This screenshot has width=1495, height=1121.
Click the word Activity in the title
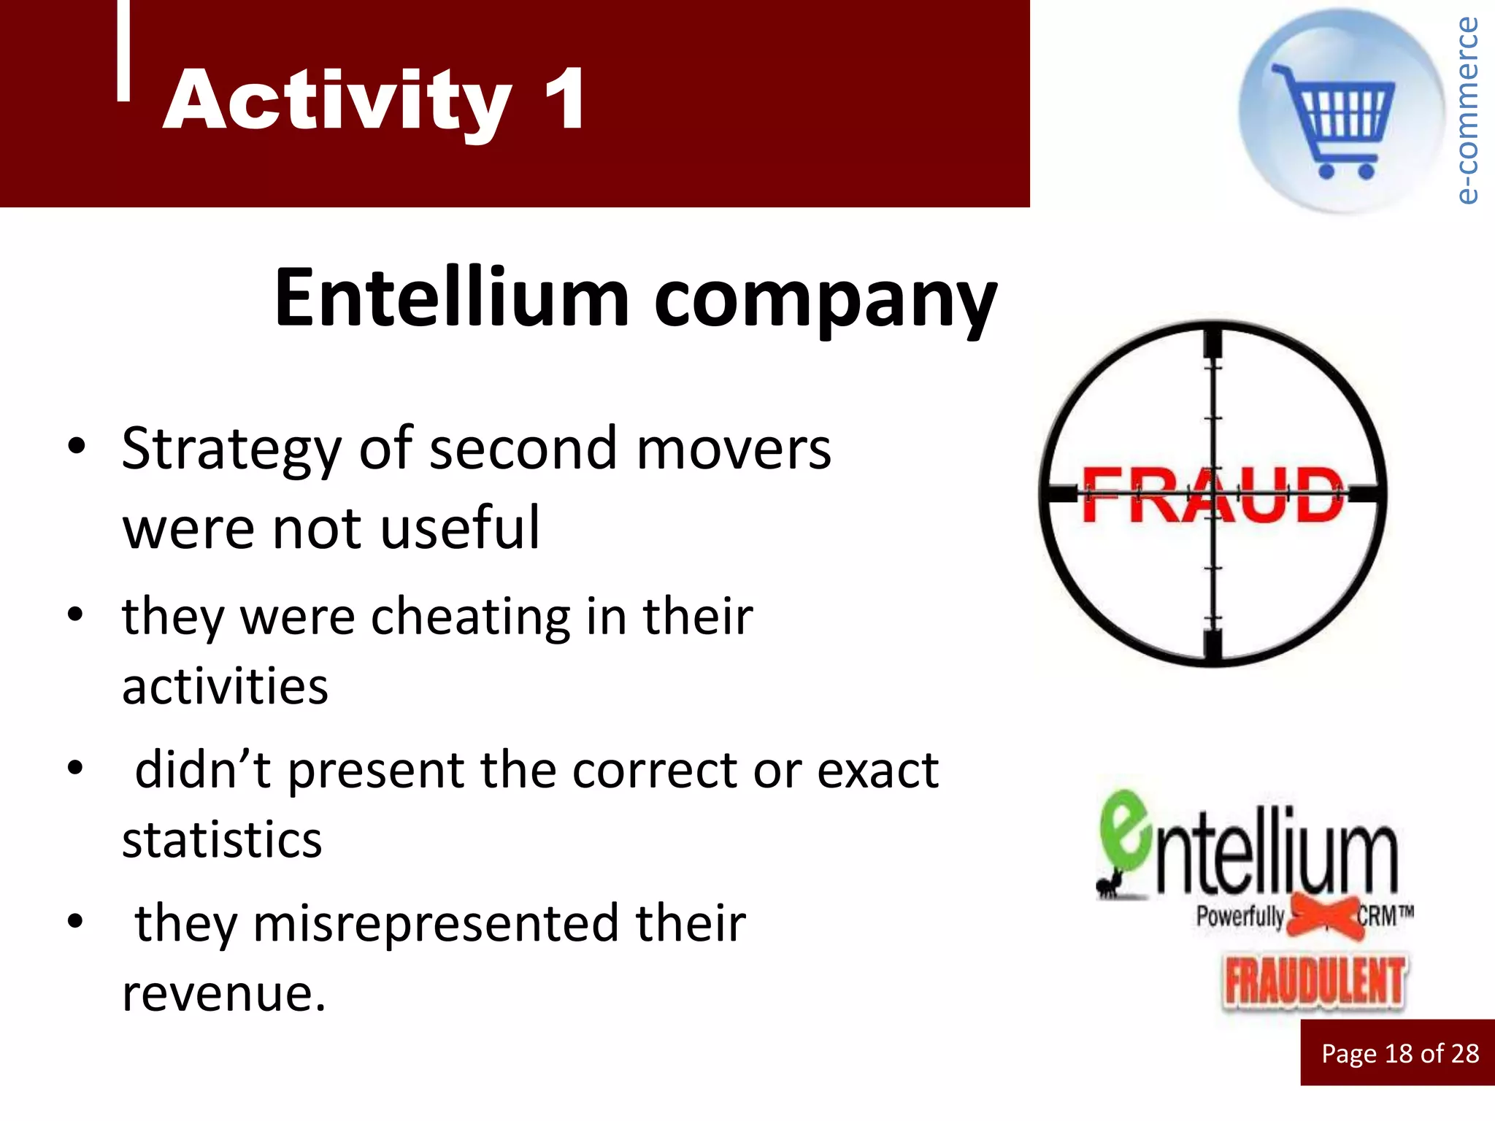337,101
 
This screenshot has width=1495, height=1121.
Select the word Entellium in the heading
451,298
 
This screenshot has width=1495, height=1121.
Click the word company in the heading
825,301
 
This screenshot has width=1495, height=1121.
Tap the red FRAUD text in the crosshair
1212,496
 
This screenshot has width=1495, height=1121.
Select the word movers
734,448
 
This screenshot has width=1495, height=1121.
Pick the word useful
461,527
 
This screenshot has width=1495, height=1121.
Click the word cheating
471,617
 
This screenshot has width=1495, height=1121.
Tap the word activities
225,687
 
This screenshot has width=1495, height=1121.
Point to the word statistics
222,840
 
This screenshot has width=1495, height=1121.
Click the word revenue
223,993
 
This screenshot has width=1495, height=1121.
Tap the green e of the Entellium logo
1125,831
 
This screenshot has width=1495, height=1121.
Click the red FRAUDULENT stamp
1314,982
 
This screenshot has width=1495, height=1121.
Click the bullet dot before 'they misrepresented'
75,921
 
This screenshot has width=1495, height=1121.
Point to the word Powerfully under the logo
1240,915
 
